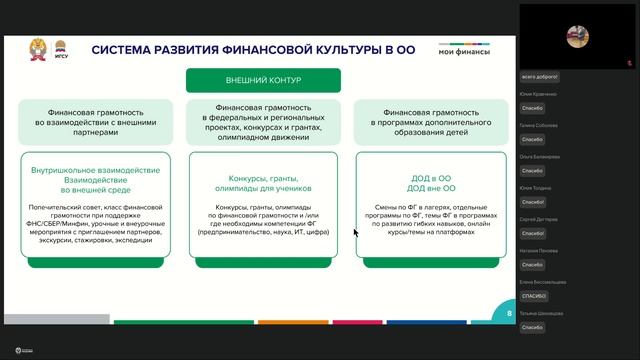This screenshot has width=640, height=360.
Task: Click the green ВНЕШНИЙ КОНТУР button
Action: pos(263,80)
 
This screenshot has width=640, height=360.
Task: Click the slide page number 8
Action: pos(509,313)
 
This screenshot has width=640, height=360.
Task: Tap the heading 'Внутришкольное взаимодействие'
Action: pos(95,170)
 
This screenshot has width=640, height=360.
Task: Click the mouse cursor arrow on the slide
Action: pos(355,232)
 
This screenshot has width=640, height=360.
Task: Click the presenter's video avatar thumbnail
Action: pos(576,36)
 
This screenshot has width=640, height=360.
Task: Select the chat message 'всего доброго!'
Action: pos(540,76)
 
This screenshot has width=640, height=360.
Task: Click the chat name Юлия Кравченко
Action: pos(538,94)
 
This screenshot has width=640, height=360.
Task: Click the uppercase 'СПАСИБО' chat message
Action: pos(532,296)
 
